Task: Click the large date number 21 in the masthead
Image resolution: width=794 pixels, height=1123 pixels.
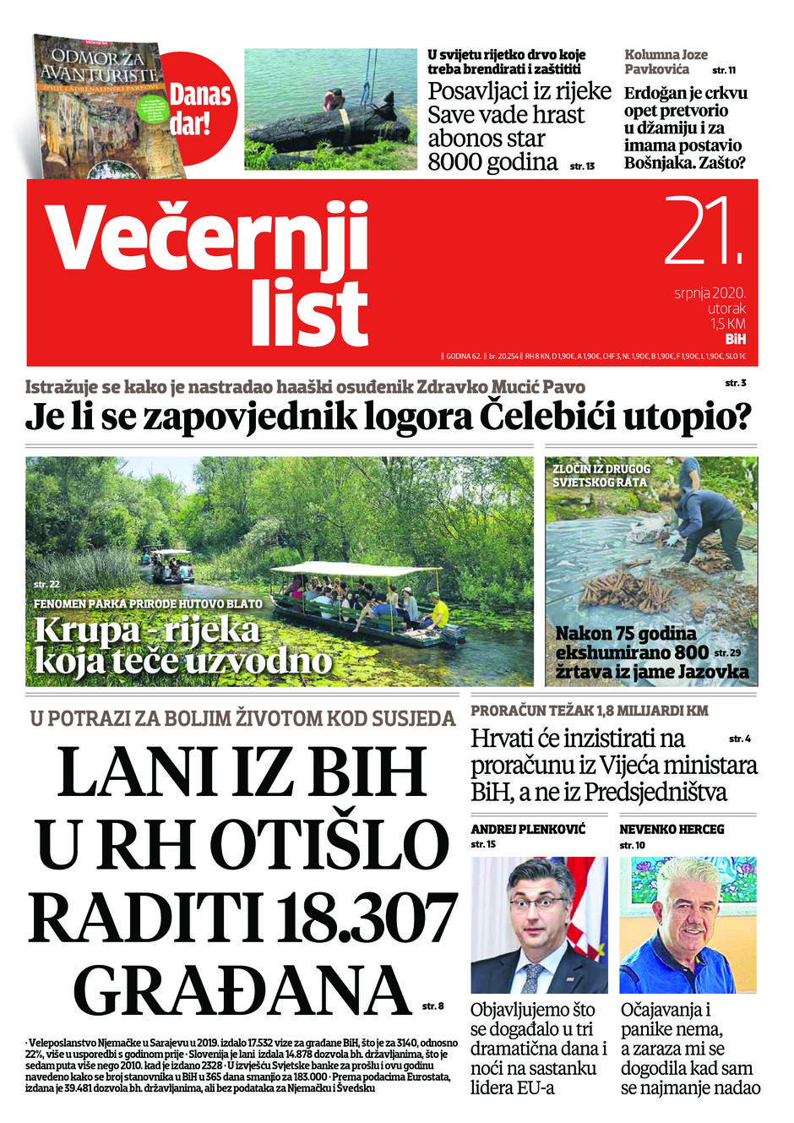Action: (700, 232)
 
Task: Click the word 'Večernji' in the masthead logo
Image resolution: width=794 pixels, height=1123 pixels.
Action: (208, 237)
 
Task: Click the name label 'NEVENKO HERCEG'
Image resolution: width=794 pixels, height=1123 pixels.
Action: (672, 829)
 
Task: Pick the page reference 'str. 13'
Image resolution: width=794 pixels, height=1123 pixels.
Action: (583, 166)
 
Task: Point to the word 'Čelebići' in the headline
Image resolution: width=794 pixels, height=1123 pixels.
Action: (540, 417)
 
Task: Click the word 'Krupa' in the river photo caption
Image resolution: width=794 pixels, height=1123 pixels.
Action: (85, 630)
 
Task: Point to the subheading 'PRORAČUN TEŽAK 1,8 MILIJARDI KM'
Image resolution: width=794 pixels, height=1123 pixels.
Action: (589, 711)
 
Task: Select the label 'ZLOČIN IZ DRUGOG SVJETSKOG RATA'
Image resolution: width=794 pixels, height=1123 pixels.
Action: (602, 475)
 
